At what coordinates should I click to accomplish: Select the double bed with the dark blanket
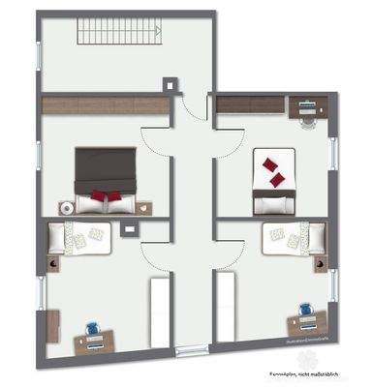(x=107, y=174)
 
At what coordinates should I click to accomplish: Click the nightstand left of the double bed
(x=66, y=207)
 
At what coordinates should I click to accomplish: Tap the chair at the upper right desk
(x=308, y=120)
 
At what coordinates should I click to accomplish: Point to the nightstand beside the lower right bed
(x=317, y=264)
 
